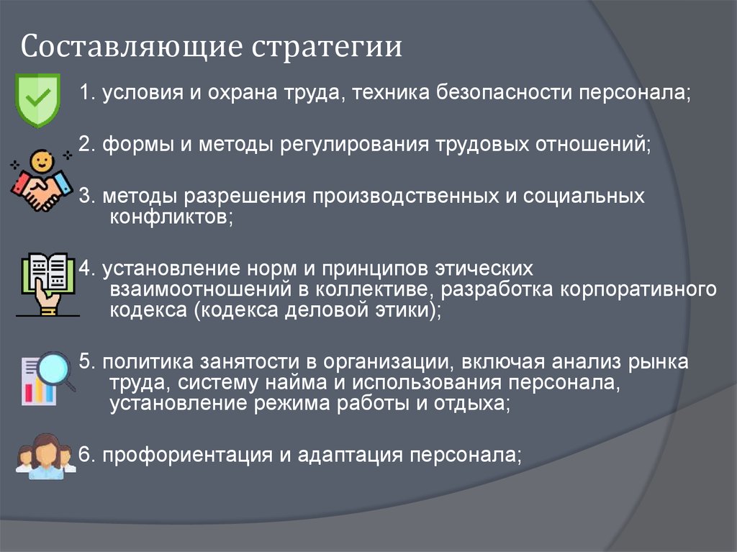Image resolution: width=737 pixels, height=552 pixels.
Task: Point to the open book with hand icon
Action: pyautogui.click(x=46, y=283)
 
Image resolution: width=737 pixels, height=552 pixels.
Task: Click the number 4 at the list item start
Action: pyautogui.click(x=84, y=268)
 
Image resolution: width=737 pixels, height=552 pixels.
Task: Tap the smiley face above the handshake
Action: pyautogui.click(x=40, y=158)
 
